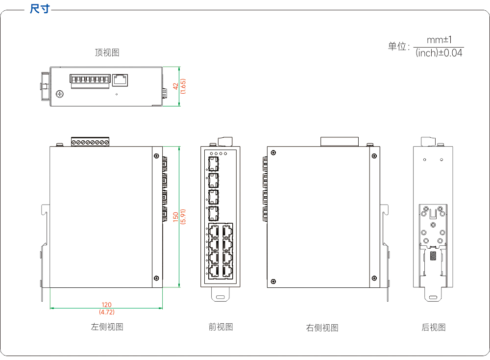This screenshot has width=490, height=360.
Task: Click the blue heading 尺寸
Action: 40,9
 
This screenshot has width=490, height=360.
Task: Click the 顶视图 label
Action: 107,52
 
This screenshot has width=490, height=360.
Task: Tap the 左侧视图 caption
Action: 107,327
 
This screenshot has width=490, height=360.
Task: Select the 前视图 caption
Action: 220,327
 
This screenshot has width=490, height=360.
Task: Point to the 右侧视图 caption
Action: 322,328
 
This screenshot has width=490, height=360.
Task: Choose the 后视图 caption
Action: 434,327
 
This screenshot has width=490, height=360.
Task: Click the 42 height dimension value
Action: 175,86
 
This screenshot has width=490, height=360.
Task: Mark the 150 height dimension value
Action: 175,217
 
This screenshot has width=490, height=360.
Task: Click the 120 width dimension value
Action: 106,305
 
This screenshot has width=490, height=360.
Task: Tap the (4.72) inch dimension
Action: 106,312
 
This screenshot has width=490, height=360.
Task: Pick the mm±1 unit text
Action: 439,40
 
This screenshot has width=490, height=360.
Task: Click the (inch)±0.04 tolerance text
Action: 439,53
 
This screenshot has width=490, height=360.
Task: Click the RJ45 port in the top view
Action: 120,80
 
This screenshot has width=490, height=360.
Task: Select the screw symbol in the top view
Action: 60,94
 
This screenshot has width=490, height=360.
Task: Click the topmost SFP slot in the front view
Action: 214,164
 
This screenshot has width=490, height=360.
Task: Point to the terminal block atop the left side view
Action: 90,142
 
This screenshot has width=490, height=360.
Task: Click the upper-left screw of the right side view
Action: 273,153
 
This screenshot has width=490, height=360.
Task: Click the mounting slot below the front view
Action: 220,297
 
